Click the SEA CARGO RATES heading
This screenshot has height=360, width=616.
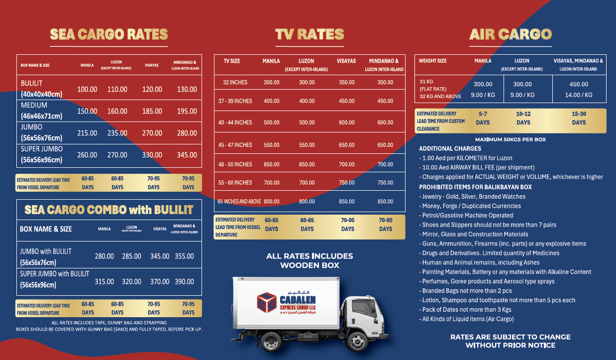(x=108, y=34)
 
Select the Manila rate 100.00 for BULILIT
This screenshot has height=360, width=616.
(x=87, y=90)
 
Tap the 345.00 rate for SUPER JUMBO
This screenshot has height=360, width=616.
(x=187, y=155)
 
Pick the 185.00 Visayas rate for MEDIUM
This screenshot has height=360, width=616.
(x=152, y=112)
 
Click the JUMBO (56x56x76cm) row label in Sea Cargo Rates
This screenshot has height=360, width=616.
(x=42, y=132)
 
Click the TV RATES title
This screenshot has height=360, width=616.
(x=309, y=34)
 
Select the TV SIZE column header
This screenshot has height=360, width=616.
(x=232, y=61)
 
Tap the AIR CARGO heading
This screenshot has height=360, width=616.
(x=510, y=34)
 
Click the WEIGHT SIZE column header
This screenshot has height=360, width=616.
(x=432, y=61)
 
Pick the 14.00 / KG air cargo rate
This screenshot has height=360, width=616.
(x=579, y=95)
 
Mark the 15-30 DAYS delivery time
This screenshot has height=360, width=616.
(x=579, y=118)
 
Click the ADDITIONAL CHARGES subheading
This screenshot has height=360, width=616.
(x=450, y=149)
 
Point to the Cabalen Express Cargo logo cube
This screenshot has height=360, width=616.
(x=267, y=302)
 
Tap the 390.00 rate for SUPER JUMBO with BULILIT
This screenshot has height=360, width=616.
(x=184, y=282)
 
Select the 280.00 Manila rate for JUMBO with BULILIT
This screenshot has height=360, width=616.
(x=104, y=256)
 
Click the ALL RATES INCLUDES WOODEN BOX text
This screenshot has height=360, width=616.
(x=309, y=260)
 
